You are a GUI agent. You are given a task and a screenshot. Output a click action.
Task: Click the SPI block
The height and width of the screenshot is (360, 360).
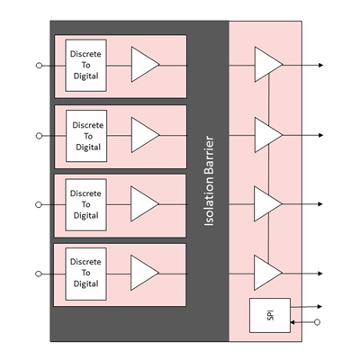coord(270,315)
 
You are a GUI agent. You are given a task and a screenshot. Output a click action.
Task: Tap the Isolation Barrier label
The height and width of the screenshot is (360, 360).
coord(209,181)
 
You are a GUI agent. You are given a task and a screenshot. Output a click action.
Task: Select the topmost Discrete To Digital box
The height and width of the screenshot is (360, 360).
coord(86,66)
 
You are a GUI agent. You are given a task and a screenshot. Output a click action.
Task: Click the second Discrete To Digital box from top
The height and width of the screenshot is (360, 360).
coord(86,136)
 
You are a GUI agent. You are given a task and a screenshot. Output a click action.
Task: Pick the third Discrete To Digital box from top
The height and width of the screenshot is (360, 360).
coord(85,205)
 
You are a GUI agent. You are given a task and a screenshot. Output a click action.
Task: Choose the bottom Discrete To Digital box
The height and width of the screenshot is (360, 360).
coord(85,274)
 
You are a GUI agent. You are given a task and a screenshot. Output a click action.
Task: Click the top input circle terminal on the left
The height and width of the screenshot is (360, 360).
coord(39,65)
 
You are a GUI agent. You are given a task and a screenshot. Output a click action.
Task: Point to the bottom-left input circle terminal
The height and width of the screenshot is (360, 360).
coord(39,274)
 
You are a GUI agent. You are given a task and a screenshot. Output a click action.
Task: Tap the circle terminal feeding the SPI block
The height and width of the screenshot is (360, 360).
coord(317,322)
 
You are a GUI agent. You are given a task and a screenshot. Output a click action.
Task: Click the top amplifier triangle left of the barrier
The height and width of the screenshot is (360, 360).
coord(145,64)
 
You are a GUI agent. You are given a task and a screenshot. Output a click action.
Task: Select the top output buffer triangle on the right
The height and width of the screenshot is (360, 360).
coord(268,64)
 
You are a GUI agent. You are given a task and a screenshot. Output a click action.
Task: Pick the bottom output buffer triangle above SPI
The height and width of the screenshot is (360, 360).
coord(268,273)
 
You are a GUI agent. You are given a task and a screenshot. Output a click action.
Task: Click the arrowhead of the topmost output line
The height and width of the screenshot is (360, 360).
coord(320,65)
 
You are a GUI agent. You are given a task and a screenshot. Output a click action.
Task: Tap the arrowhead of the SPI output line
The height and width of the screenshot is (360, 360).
coord(319,307)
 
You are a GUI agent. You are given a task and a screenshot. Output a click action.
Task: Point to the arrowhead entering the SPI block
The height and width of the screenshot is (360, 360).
coord(292,322)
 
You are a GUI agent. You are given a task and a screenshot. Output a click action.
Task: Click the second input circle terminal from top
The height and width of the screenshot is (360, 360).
coord(39,136)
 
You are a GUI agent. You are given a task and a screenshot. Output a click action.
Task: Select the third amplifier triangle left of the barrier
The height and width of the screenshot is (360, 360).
coord(144,204)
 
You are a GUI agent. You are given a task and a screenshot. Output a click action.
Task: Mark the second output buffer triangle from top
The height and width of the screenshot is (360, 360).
coord(268,135)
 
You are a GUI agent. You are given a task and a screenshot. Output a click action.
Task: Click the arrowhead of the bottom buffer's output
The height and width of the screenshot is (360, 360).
coord(320,274)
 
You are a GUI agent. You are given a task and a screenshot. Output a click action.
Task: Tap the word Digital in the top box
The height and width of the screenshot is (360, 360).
coord(86,76)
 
